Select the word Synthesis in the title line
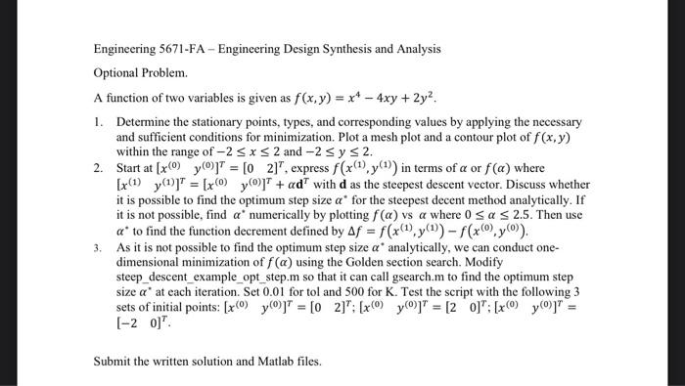pyautogui.click(x=372, y=48)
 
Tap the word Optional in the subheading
pyautogui.click(x=118, y=73)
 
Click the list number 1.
pyautogui.click(x=98, y=122)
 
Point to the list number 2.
pyautogui.click(x=98, y=168)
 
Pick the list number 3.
pyautogui.click(x=98, y=249)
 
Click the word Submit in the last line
pyautogui.click(x=114, y=360)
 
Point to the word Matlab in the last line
pyautogui.click(x=273, y=360)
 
